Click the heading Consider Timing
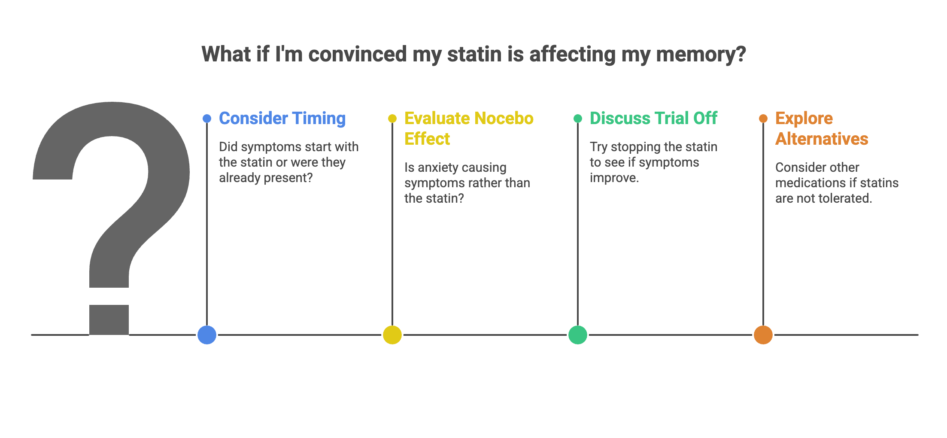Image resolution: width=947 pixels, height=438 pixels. pyautogui.click(x=282, y=119)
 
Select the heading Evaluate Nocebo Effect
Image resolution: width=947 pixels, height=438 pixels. pyautogui.click(x=468, y=128)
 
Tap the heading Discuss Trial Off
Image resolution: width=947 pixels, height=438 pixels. pyautogui.click(x=653, y=119)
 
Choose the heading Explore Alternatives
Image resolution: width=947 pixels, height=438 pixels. pyautogui.click(x=821, y=128)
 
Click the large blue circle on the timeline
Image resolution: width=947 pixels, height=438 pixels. pyautogui.click(x=207, y=335)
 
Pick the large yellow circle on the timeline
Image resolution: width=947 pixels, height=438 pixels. pyautogui.click(x=392, y=335)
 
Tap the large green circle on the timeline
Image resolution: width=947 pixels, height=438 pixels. pyautogui.click(x=578, y=335)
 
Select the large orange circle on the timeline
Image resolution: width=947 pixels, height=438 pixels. pyautogui.click(x=763, y=335)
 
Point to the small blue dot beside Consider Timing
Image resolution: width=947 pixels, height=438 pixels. pyautogui.click(x=207, y=119)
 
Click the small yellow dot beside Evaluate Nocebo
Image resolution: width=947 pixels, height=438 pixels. pyautogui.click(x=392, y=119)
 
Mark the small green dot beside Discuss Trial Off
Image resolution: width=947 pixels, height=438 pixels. pyautogui.click(x=578, y=119)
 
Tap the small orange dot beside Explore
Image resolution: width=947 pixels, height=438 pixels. pyautogui.click(x=763, y=119)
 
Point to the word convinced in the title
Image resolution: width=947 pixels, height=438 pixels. pyautogui.click(x=357, y=55)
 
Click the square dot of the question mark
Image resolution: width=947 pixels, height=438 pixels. pyautogui.click(x=109, y=319)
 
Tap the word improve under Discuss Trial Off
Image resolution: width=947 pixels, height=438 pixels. pyautogui.click(x=614, y=178)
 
